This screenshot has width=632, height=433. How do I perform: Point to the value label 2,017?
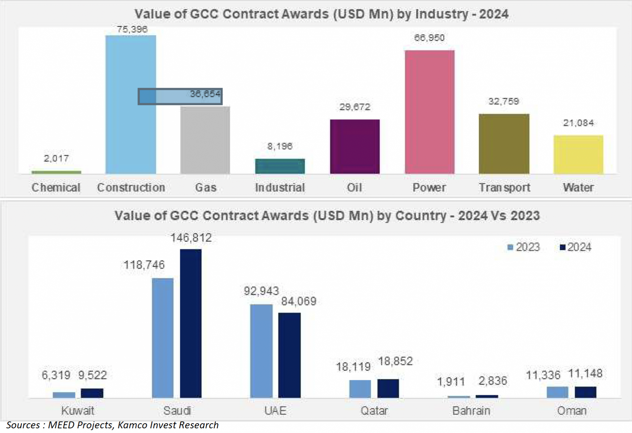tap(56, 158)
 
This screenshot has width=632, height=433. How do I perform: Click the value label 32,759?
tap(504, 101)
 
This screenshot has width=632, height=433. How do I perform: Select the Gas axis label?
tap(206, 188)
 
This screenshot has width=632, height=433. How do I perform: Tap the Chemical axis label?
tap(56, 188)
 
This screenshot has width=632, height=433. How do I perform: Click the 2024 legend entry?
tap(575, 247)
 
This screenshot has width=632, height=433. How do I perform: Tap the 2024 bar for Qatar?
tap(388, 388)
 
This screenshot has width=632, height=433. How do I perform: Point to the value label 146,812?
tap(191, 238)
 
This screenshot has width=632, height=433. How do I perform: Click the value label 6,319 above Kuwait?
tap(56, 375)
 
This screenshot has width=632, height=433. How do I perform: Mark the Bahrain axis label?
tap(471, 411)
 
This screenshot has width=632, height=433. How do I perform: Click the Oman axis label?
tap(572, 411)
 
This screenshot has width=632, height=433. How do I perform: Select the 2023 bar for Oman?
tap(557, 392)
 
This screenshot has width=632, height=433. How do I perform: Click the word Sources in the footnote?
tap(23, 425)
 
